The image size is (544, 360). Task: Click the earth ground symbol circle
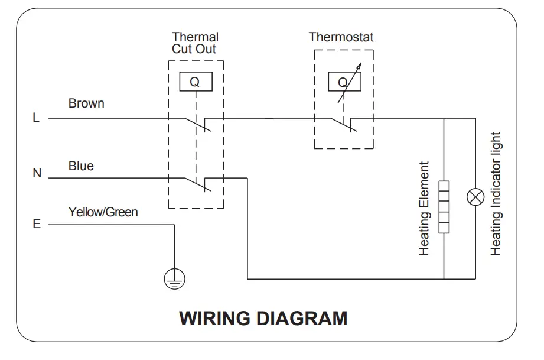[x=174, y=279]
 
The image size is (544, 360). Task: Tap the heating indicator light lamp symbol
[x=475, y=197]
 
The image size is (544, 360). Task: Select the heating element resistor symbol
[x=444, y=207]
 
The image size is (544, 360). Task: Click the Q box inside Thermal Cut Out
[x=196, y=82]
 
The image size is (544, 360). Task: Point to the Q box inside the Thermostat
[x=344, y=82]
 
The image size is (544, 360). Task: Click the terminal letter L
[x=36, y=118]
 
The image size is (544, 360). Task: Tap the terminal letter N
[x=37, y=173]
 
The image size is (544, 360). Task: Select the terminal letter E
[x=37, y=224]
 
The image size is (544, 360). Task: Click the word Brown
[x=86, y=103]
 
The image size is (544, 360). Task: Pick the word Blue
[x=81, y=166]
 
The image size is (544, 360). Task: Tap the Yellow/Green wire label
[x=103, y=212]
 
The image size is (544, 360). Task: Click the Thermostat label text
[x=341, y=37]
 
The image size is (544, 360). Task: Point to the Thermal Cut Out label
[x=195, y=43]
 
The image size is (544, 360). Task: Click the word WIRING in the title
[x=215, y=319]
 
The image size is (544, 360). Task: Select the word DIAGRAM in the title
[x=302, y=319]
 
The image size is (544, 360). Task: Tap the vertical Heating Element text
[x=424, y=208]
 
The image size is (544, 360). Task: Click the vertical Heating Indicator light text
[x=496, y=194]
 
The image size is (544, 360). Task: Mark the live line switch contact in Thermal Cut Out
[x=198, y=125]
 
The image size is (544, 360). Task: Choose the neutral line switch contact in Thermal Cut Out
[x=198, y=184]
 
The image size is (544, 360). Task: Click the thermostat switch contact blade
[x=343, y=125]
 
